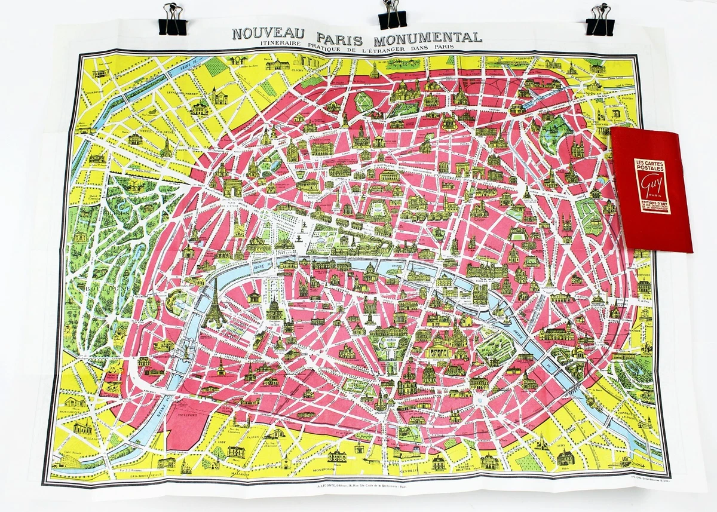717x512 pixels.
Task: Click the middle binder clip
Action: pos(392,16)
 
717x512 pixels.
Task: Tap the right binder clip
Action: pos(599,20)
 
